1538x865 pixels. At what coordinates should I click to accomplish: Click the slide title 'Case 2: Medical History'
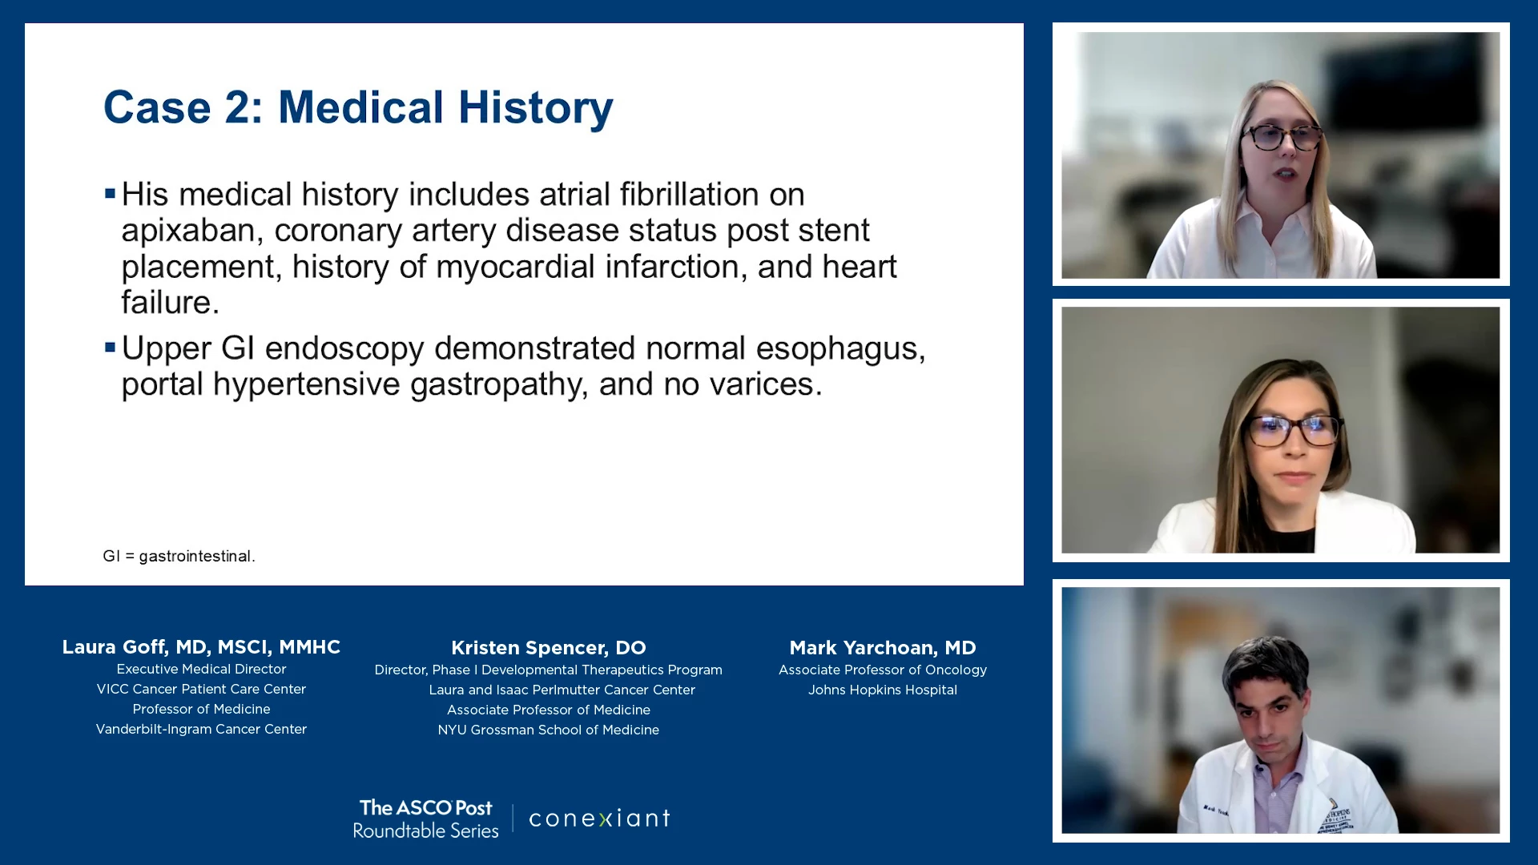pos(358,107)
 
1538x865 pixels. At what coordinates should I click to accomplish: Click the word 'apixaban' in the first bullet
pos(187,231)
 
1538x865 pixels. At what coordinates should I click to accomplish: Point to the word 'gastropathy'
pos(498,385)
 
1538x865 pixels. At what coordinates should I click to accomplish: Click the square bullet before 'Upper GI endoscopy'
pos(111,347)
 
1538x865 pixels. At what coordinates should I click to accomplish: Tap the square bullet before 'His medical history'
pos(111,193)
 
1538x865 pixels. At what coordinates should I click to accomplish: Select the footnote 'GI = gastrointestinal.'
pos(179,556)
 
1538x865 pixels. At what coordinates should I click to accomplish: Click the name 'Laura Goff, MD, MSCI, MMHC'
pos(201,647)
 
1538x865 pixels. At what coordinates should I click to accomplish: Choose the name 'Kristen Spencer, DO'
pos(549,648)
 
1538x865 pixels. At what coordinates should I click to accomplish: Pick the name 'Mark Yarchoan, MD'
pos(883,648)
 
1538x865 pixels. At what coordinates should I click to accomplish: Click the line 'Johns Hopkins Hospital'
pos(883,690)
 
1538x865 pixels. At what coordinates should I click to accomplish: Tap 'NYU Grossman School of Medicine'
pos(549,730)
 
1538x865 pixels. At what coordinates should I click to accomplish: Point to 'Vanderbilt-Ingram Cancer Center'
pos(201,729)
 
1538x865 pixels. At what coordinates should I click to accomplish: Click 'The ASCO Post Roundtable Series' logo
pos(425,819)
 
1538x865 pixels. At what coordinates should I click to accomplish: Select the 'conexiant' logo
pos(599,818)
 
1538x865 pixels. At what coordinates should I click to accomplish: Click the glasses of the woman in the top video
pos(1282,138)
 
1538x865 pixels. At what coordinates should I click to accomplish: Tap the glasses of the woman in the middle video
pos(1292,431)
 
